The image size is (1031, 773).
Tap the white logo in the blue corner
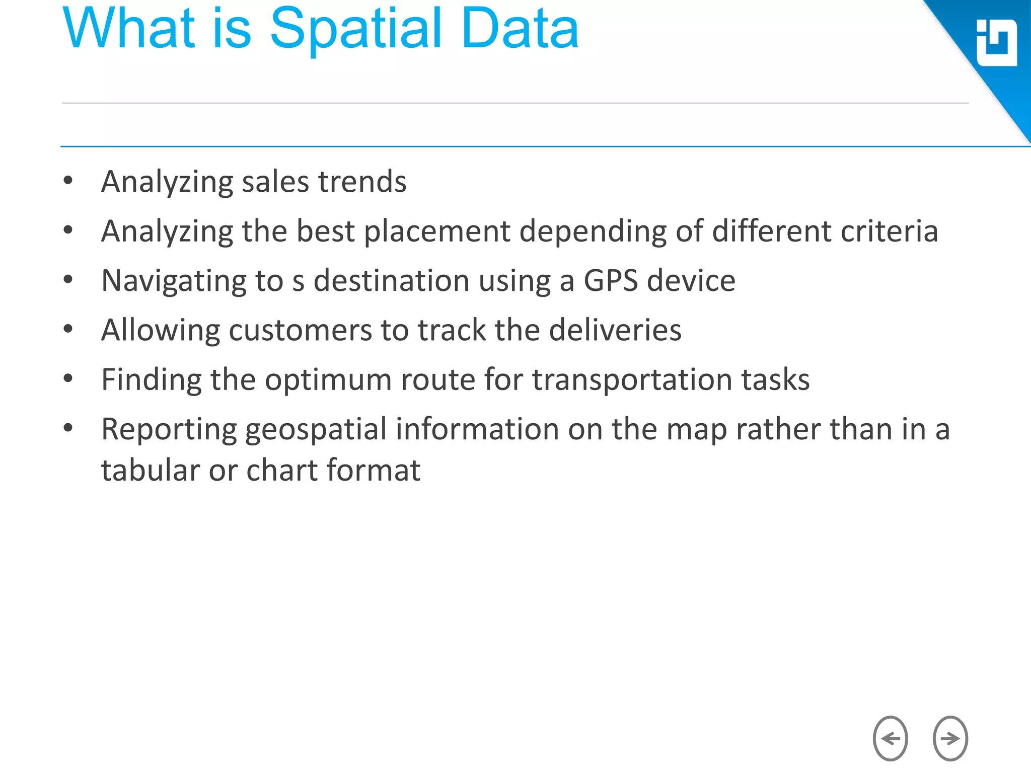click(x=996, y=43)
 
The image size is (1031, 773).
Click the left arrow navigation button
click(x=890, y=738)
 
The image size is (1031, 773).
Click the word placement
click(x=437, y=231)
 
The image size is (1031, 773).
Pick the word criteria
click(x=889, y=231)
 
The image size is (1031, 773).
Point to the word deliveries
click(x=615, y=330)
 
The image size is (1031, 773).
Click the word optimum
click(x=328, y=379)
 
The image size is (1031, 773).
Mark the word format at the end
click(x=374, y=471)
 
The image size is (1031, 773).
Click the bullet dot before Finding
click(x=68, y=378)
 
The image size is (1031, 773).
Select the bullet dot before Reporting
click(x=68, y=428)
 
